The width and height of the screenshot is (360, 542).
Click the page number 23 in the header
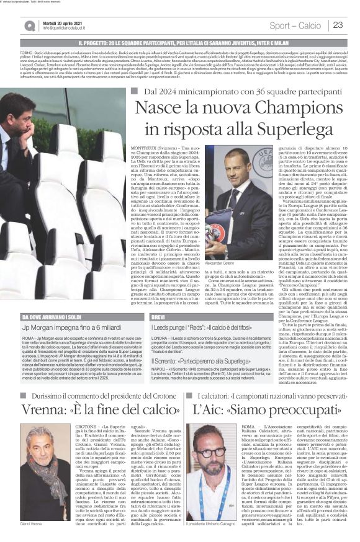338,25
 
